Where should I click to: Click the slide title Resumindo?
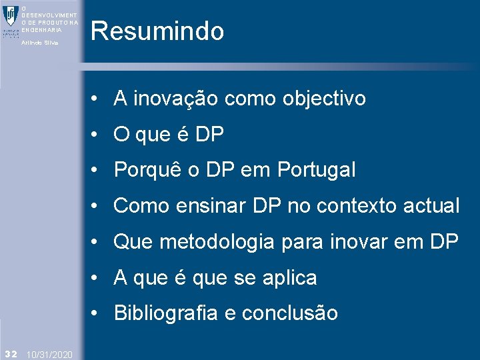pyautogui.click(x=157, y=31)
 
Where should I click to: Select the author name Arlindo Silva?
pyautogui.click(x=40, y=43)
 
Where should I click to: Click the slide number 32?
pyautogui.click(x=10, y=353)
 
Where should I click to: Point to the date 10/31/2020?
pyautogui.click(x=51, y=353)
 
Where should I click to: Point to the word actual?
pyautogui.click(x=432, y=206)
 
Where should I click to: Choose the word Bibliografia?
pyautogui.click(x=166, y=313)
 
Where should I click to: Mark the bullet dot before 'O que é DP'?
pyautogui.click(x=97, y=135)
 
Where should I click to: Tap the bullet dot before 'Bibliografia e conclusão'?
pyautogui.click(x=97, y=313)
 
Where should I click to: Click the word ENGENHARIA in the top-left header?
pyautogui.click(x=41, y=30)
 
